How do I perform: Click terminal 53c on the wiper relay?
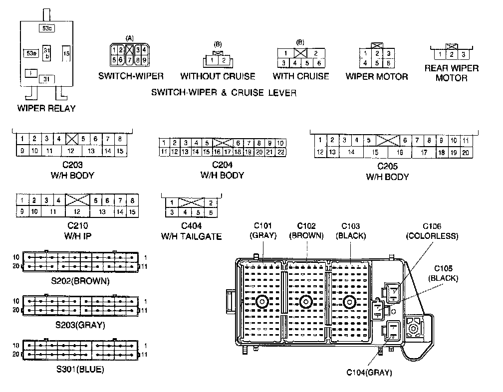pos(46,28)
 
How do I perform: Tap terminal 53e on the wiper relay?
pos(31,53)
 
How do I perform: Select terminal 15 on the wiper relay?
pos(66,53)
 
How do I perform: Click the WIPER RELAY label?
pos(46,108)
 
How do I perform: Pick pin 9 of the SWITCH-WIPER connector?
pos(144,60)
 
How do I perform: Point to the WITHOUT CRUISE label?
pos(218,76)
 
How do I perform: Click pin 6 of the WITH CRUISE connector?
pos(319,63)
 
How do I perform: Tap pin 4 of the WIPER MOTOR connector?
pos(366,63)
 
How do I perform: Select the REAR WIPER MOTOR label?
pos(451,73)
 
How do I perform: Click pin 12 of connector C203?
pos(71,151)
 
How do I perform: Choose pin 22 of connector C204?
pos(281,152)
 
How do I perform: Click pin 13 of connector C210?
pos(102,212)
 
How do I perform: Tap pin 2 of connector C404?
pos(211,203)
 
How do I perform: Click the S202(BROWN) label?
pos(80,281)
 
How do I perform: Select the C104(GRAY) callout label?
pos(370,372)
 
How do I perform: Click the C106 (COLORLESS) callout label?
pos(432,231)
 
